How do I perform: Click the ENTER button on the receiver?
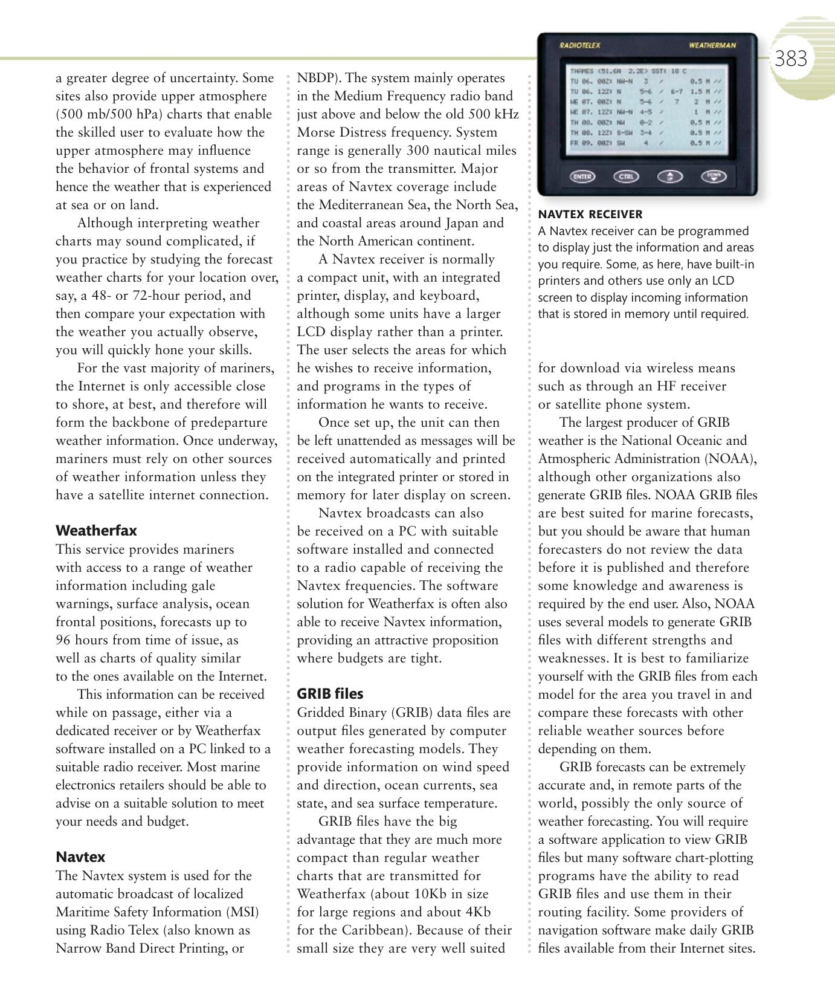[582, 176]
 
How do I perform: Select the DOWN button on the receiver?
[714, 176]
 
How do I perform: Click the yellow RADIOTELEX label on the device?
[576, 45]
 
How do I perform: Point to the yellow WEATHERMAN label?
[712, 45]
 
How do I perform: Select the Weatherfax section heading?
[96, 531]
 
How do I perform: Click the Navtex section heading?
[80, 857]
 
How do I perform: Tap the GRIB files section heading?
[330, 694]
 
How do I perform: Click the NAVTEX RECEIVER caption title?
[590, 215]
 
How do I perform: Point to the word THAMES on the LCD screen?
[581, 71]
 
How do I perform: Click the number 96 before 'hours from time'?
[64, 640]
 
